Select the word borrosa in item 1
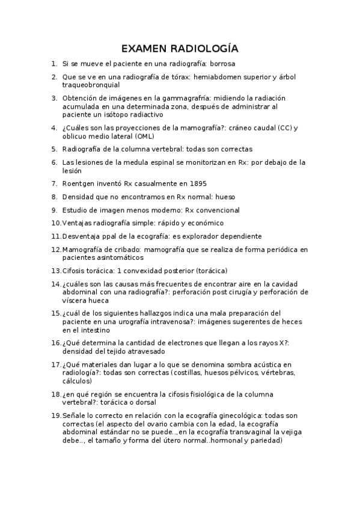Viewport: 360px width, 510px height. [x=219, y=63]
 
